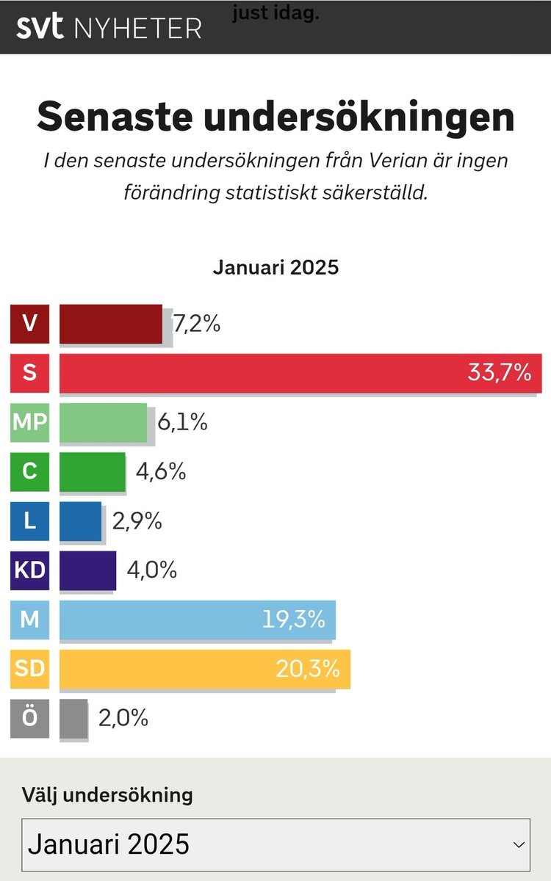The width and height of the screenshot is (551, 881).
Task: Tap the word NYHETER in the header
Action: click(x=137, y=28)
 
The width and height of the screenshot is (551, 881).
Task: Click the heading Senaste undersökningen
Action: click(x=275, y=117)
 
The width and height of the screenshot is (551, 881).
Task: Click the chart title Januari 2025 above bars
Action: click(x=275, y=267)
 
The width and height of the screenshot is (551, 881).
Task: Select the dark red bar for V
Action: click(x=110, y=324)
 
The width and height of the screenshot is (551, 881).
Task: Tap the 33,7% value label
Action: click(x=499, y=373)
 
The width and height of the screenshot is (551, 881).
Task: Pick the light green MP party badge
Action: click(x=29, y=422)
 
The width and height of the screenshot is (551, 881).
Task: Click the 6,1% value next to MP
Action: click(x=182, y=422)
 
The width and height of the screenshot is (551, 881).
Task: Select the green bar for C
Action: click(x=92, y=471)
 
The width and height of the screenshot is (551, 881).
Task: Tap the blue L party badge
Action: click(x=29, y=521)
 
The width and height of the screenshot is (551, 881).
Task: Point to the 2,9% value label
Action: click(x=137, y=521)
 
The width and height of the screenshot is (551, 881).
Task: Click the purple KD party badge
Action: click(x=29, y=570)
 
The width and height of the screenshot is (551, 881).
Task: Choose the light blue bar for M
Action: click(x=162, y=620)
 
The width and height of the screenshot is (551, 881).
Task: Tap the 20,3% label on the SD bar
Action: click(x=308, y=669)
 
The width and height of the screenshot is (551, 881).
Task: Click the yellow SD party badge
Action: click(x=29, y=669)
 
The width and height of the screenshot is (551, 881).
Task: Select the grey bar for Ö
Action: click(x=73, y=718)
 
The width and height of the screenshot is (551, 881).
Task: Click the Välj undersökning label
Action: click(x=107, y=794)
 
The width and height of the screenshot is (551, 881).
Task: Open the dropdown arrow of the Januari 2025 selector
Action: click(x=519, y=845)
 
